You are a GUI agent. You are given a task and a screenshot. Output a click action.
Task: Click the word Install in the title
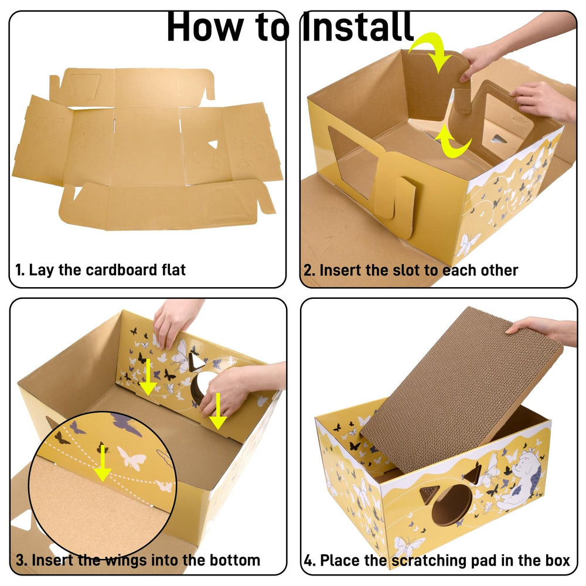tap(357, 26)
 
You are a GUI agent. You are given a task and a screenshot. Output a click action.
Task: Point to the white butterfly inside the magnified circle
tap(132, 458)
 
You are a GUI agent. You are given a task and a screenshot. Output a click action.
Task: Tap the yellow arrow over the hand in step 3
tap(218, 411)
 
